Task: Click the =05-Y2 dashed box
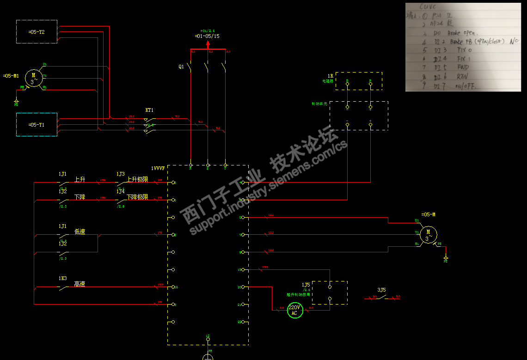[37, 32]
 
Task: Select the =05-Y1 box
[37, 124]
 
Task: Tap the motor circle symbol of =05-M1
[33, 77]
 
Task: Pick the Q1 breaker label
[181, 67]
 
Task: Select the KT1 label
[149, 110]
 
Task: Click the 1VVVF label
[158, 168]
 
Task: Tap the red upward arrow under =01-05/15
[208, 44]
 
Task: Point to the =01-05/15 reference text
[207, 36]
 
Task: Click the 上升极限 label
[137, 179]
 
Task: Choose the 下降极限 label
[137, 197]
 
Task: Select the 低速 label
[80, 232]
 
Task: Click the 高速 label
[80, 284]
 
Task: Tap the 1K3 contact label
[62, 279]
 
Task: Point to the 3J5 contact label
[381, 290]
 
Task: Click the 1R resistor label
[331, 75]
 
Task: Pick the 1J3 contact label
[120, 174]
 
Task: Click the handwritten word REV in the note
[462, 76]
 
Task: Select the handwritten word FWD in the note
[463, 67]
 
